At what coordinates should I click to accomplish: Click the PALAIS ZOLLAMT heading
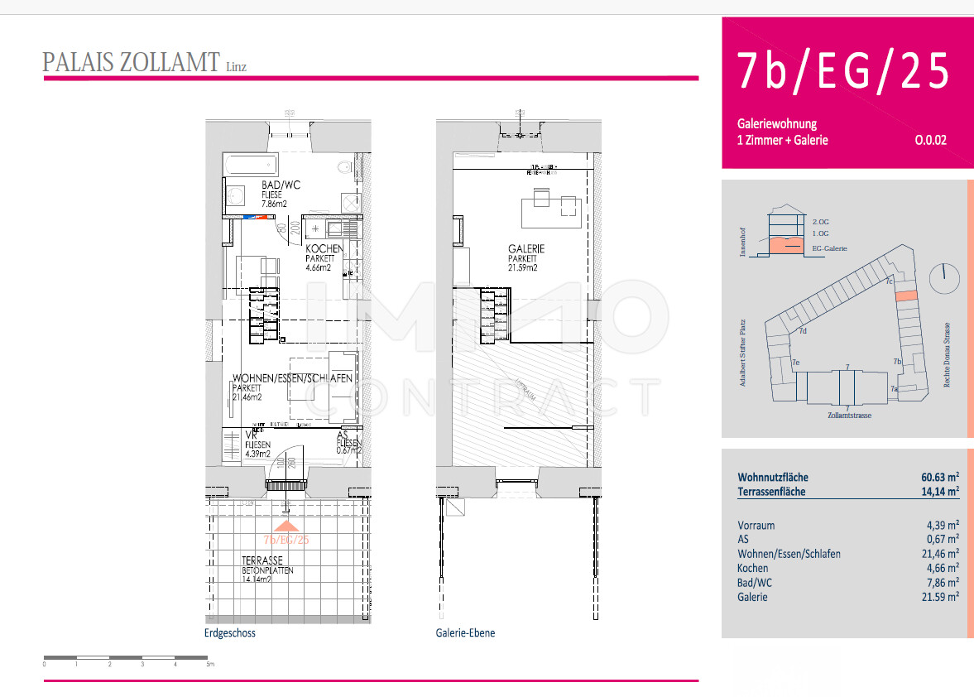point(131,63)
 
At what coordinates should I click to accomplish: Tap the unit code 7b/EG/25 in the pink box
point(843,71)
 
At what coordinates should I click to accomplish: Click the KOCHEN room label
point(324,249)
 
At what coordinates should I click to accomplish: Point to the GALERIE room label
point(526,249)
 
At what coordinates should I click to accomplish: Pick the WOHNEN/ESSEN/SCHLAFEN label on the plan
point(292,378)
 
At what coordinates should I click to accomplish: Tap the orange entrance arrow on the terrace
point(285,525)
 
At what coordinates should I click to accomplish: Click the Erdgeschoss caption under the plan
point(229,633)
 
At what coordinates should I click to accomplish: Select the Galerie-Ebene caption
point(465,633)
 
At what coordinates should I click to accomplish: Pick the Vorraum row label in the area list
point(756,525)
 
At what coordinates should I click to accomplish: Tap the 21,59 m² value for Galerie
point(942,597)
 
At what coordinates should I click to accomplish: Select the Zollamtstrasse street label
point(849,415)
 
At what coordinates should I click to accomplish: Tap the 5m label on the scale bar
point(209,664)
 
